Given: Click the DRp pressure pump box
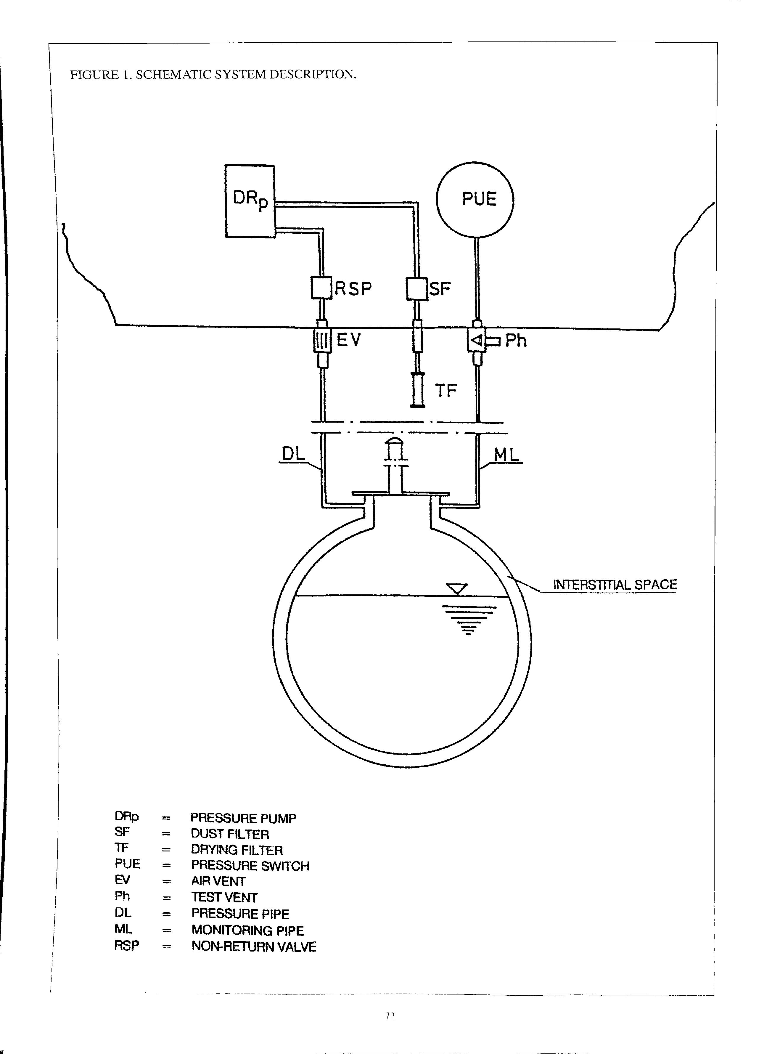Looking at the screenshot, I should pos(250,201).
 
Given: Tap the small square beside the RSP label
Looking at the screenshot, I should pos(321,288).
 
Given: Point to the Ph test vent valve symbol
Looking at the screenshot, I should pos(477,341).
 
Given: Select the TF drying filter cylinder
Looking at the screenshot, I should pos(418,389).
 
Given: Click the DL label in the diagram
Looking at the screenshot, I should pos(293,454).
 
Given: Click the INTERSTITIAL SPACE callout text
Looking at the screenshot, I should pos(615,585).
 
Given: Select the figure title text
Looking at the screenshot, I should pos(213,75).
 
